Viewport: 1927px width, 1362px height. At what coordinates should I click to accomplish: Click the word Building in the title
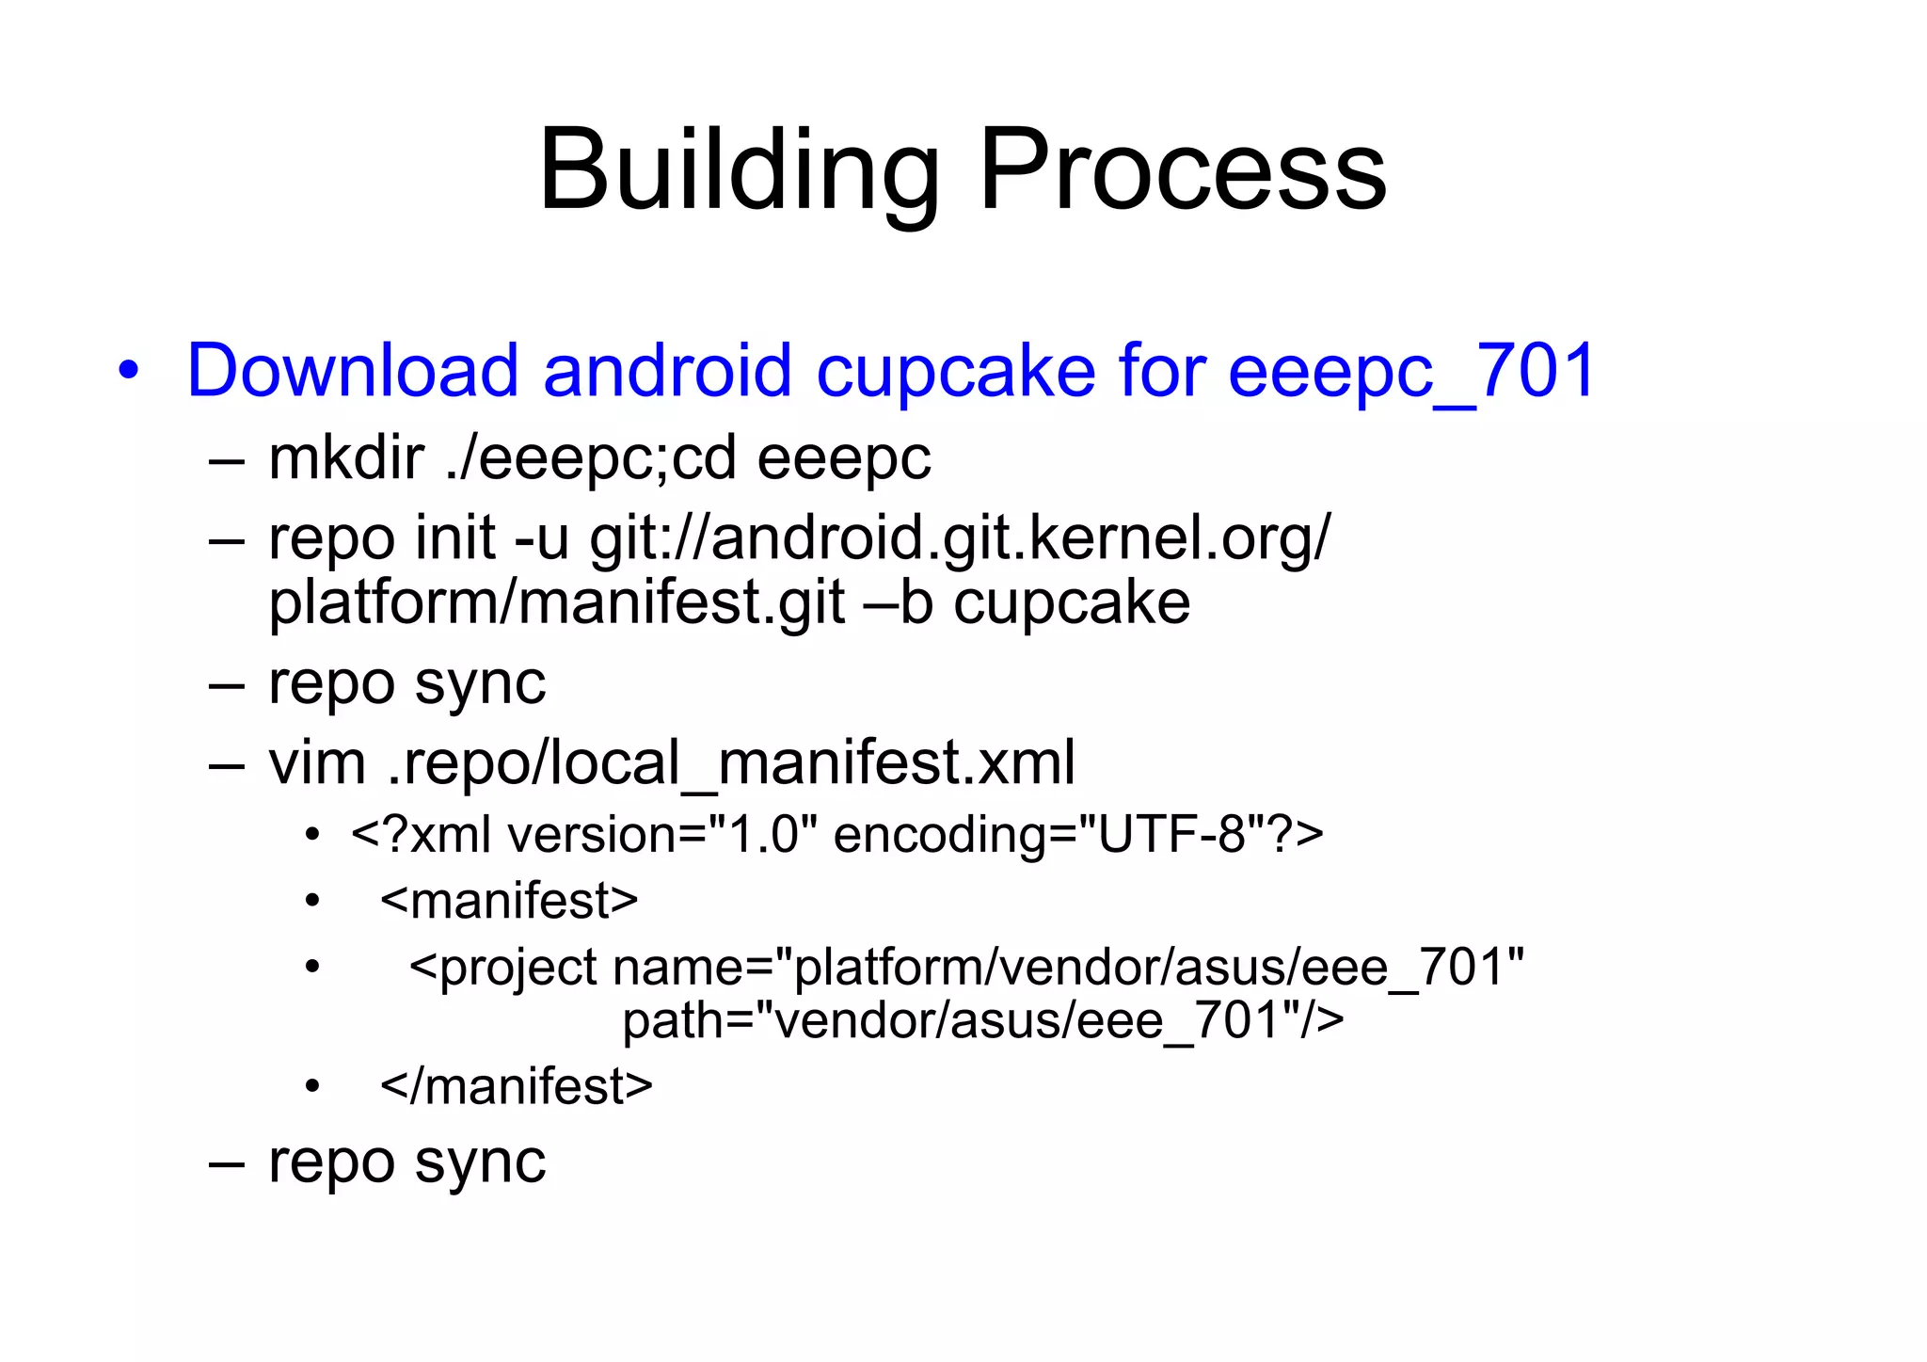click(x=739, y=170)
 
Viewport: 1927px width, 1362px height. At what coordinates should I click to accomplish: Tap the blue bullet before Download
click(x=129, y=370)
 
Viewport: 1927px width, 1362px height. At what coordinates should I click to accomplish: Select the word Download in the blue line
click(x=353, y=370)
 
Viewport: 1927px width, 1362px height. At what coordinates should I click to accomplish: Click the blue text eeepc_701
click(x=1412, y=370)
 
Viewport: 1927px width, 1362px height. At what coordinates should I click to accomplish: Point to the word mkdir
click(x=345, y=458)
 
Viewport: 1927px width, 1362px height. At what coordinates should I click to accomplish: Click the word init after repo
click(x=454, y=538)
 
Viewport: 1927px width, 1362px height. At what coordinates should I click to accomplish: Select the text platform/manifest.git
click(x=556, y=603)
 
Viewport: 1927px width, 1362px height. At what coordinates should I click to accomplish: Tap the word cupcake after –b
click(x=1072, y=603)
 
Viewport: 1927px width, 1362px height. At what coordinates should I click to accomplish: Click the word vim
click(x=317, y=762)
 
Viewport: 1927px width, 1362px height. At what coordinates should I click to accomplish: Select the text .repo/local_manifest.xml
click(x=731, y=762)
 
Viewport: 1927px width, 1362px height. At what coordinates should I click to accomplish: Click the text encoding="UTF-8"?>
click(x=1078, y=835)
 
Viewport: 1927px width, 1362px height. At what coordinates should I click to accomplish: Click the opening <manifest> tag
click(x=509, y=901)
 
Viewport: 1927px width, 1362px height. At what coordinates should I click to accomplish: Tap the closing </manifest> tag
click(x=516, y=1086)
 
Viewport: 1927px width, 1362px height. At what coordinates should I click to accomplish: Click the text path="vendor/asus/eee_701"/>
click(x=983, y=1020)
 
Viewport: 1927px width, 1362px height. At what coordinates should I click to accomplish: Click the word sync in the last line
click(x=480, y=1162)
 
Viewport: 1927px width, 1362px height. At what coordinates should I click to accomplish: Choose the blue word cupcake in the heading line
click(x=955, y=370)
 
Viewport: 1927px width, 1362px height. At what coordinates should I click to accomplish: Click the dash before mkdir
click(x=227, y=460)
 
